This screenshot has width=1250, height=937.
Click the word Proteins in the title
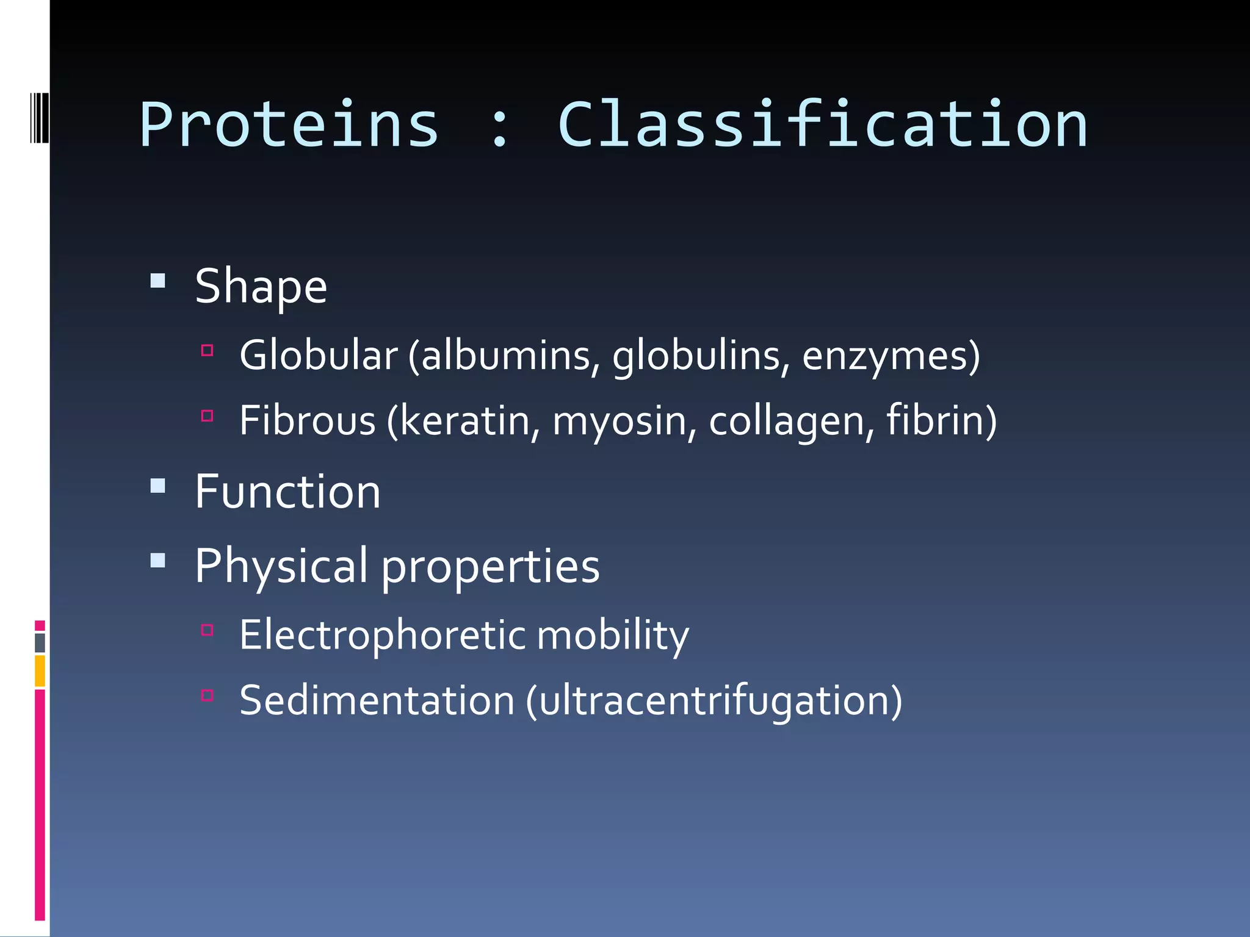289,125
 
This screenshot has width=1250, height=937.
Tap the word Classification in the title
822,125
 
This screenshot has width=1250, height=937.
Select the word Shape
261,287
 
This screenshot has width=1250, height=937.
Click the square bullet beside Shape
158,280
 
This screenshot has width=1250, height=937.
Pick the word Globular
318,355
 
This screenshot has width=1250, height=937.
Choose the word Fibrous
307,420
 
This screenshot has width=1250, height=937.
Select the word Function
287,492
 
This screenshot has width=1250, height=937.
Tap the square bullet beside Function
158,486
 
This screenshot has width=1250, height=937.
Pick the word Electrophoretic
383,635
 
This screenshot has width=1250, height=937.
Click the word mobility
613,635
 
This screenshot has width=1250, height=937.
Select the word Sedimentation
377,700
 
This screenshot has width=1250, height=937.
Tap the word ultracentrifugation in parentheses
714,702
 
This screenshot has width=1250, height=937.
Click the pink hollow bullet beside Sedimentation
207,695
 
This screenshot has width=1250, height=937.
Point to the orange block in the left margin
40,670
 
